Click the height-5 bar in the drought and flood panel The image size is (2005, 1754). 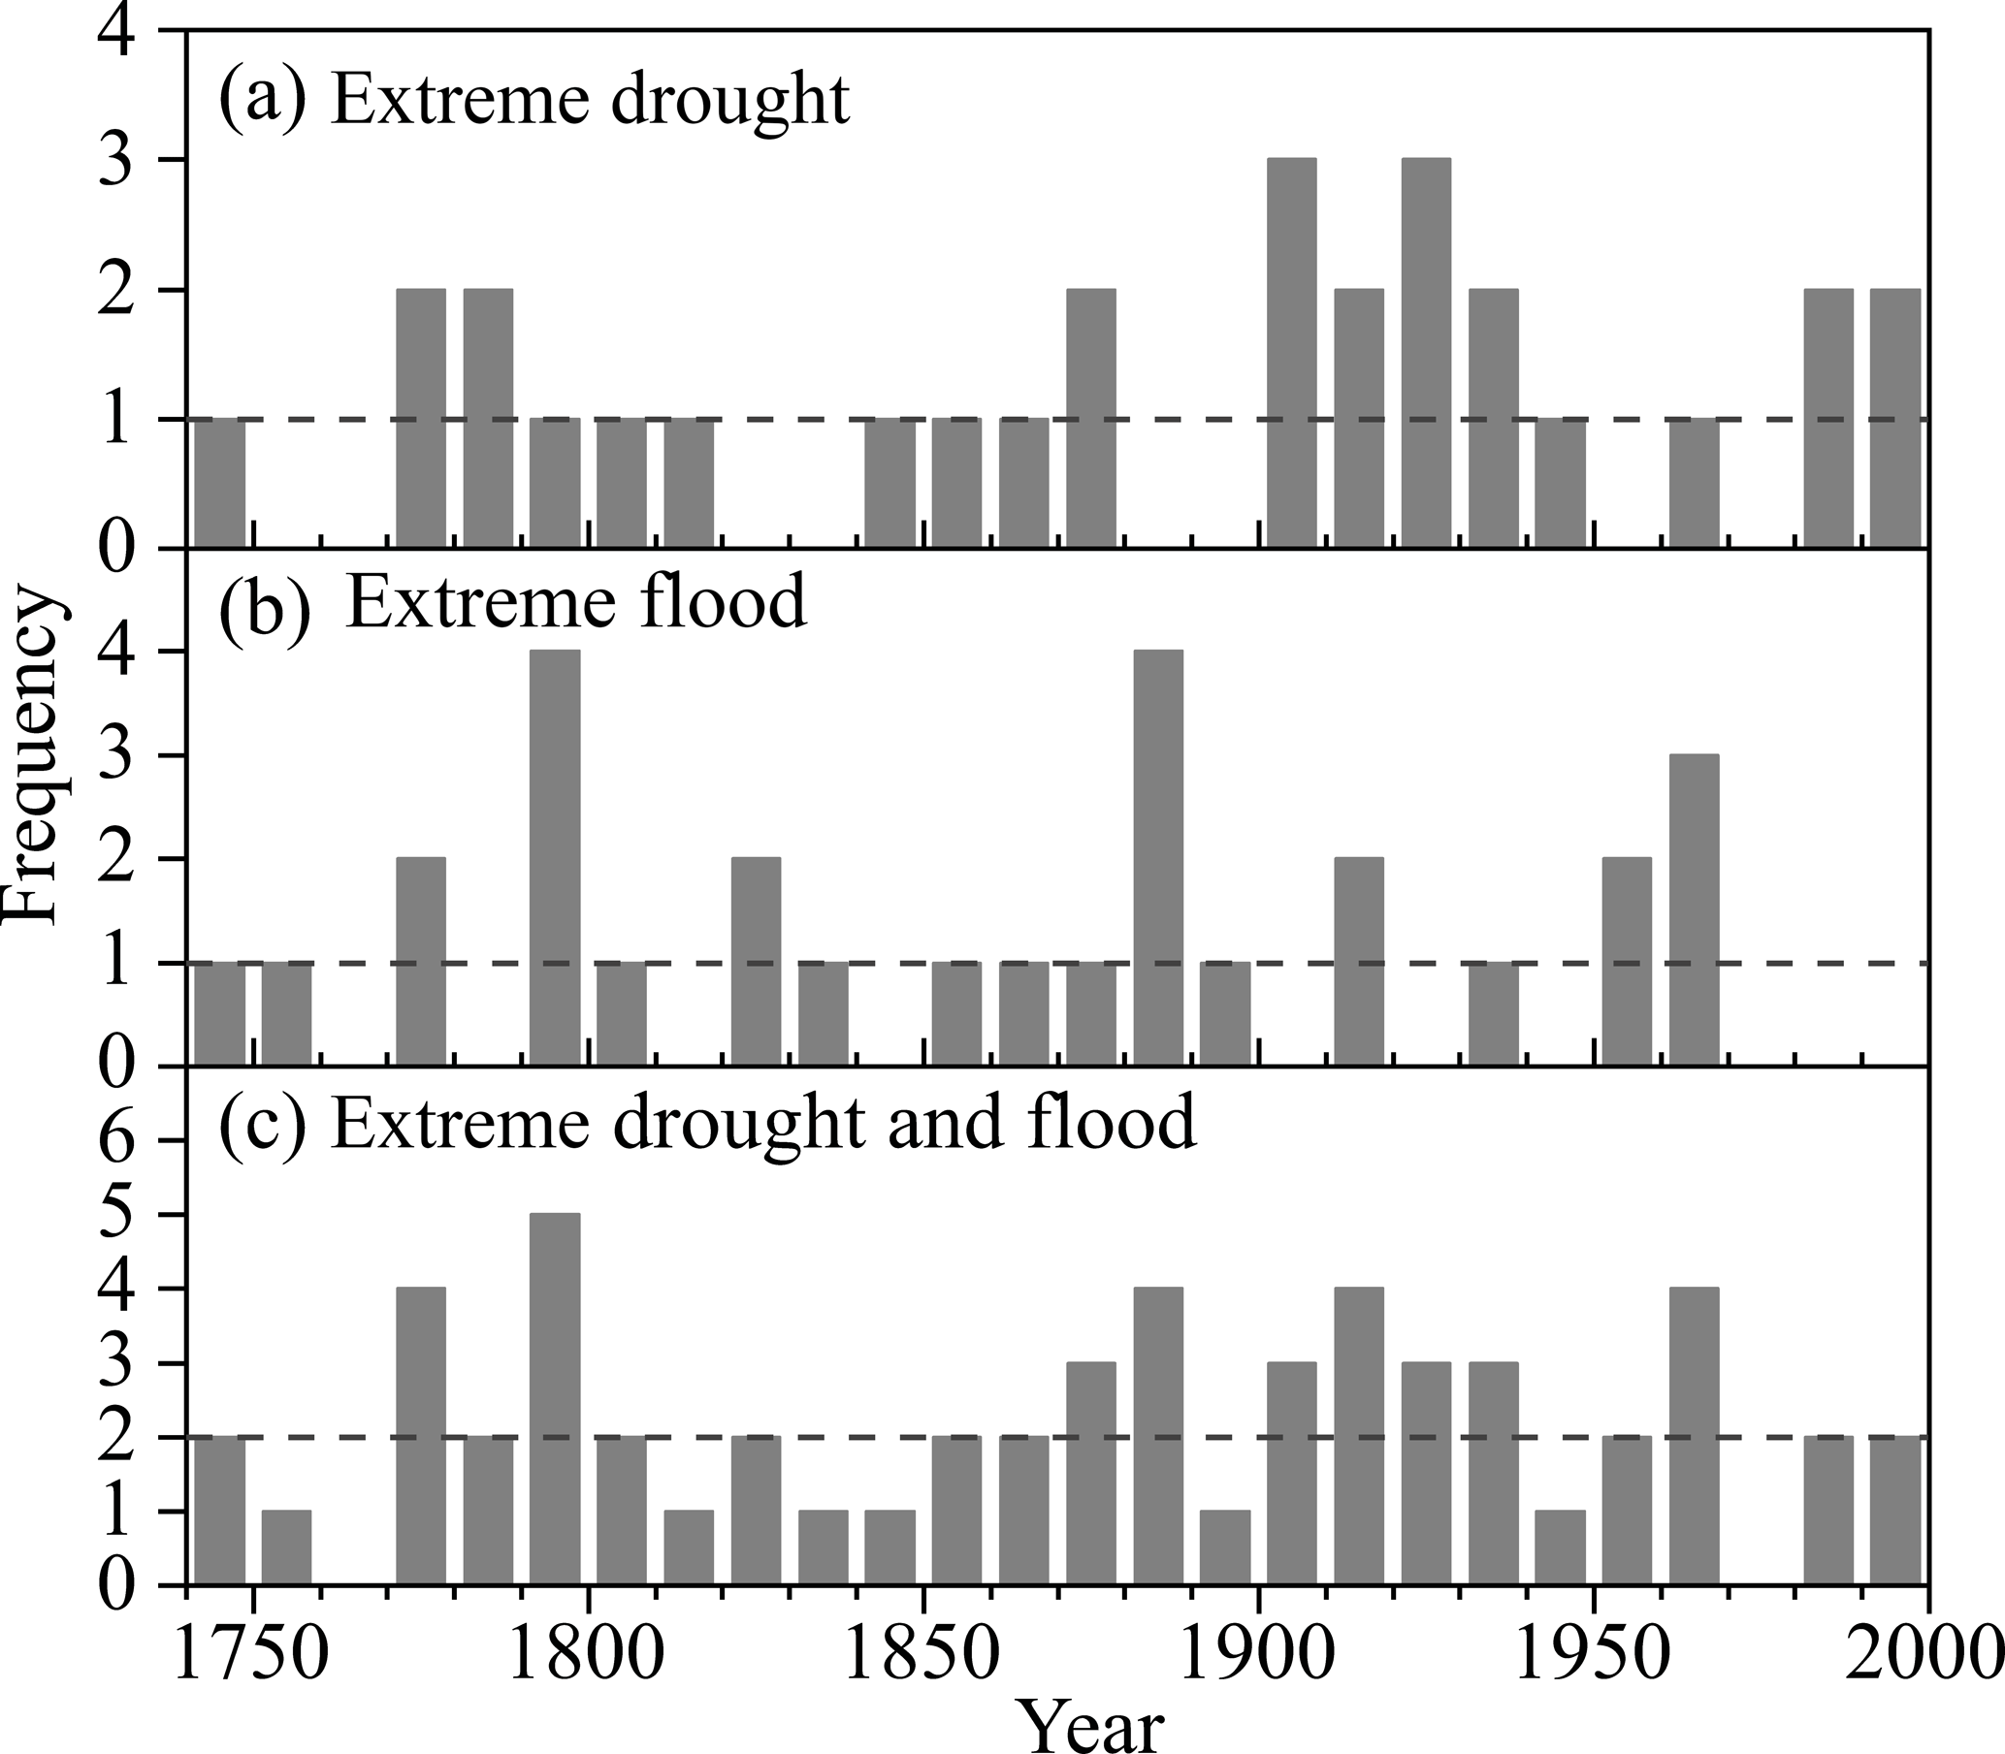coord(555,1399)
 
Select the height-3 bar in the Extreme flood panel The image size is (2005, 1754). coord(1694,909)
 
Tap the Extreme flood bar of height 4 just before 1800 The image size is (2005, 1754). coord(555,857)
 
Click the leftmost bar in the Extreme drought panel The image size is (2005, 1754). coord(220,484)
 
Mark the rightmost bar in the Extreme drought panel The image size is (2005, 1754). coord(1895,419)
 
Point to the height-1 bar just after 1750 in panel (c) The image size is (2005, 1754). coord(287,1547)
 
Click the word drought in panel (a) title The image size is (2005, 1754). coord(729,103)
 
